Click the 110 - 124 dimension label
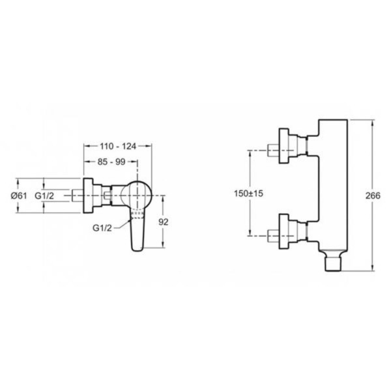[x=118, y=147]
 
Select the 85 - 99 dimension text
[x=111, y=162]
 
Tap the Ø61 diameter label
[x=19, y=195]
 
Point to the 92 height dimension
[x=164, y=222]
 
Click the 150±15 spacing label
[x=248, y=194]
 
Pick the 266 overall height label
[x=373, y=195]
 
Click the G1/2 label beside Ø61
[x=44, y=195]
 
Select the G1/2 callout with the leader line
[x=102, y=227]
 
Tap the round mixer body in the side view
[x=136, y=195]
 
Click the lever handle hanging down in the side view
[x=138, y=229]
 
